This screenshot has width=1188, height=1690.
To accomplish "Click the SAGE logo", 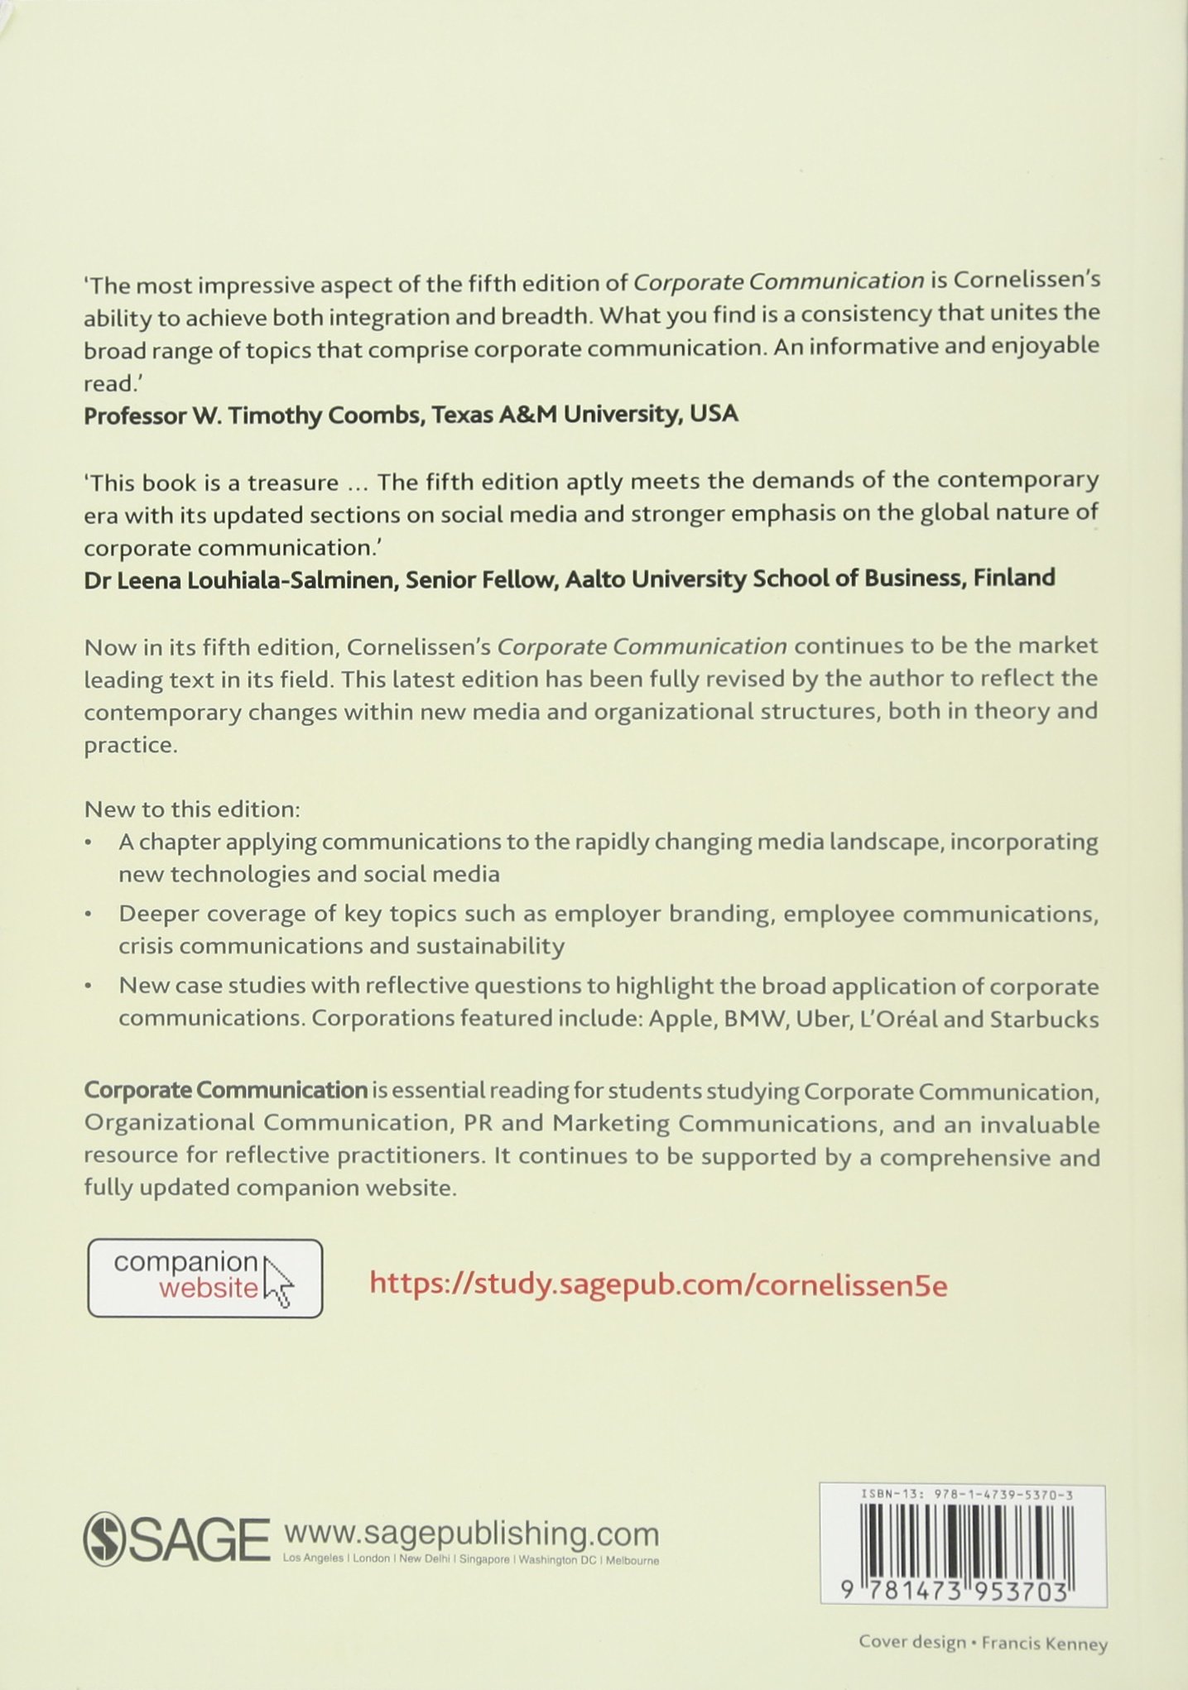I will (x=176, y=1539).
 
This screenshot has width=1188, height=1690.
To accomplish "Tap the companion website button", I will (x=204, y=1278).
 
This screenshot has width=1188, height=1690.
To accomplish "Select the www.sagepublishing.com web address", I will (x=471, y=1534).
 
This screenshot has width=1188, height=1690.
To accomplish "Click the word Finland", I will (x=1014, y=577).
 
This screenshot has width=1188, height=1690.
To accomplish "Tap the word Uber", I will (x=820, y=1019).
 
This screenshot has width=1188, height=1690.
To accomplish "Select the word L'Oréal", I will (x=895, y=1019).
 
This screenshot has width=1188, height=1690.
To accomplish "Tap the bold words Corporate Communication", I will (x=225, y=1091).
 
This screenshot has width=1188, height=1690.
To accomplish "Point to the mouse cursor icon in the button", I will (x=278, y=1283).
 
